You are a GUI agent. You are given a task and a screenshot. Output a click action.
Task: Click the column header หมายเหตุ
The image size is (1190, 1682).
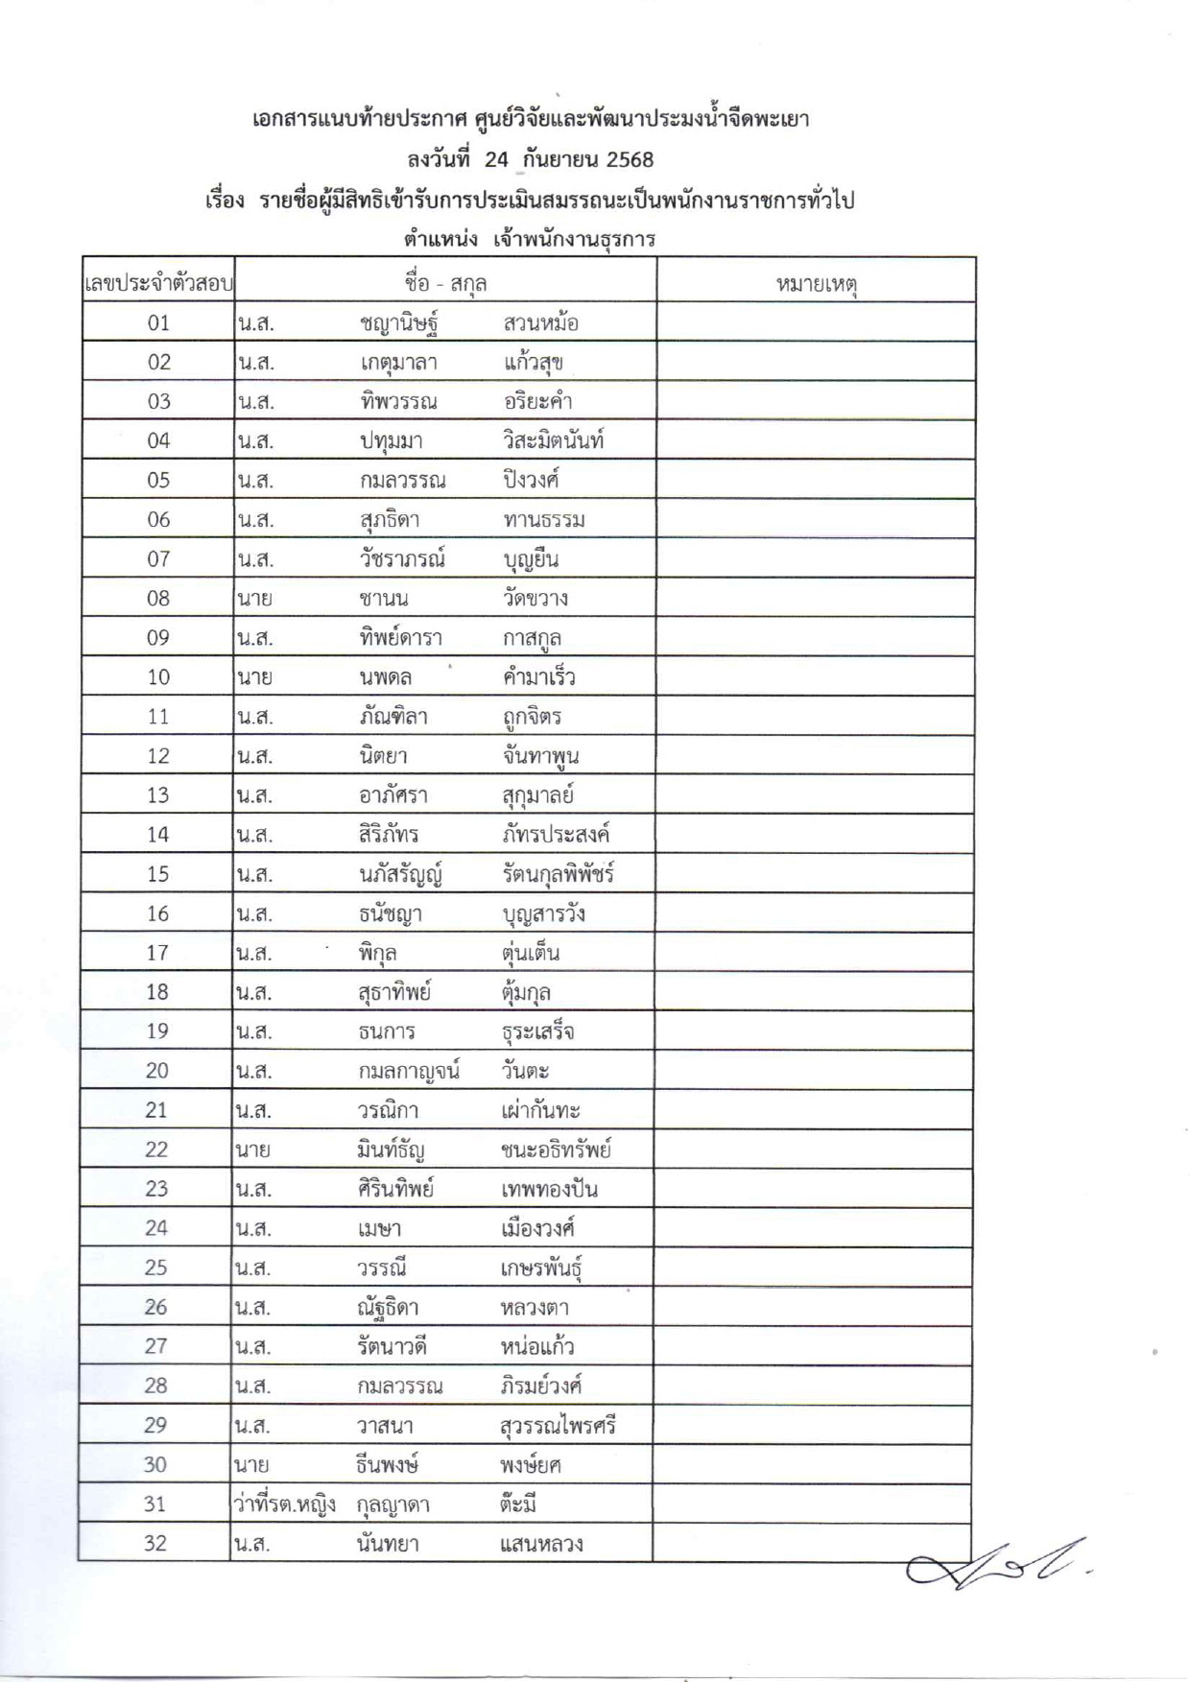(x=816, y=283)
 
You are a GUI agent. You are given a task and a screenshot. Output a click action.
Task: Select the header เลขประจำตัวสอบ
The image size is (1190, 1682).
(x=158, y=284)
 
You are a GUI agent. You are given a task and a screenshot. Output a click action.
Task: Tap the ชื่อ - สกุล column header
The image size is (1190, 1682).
(x=445, y=283)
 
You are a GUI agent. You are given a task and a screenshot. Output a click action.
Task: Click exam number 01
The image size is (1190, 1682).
(x=158, y=323)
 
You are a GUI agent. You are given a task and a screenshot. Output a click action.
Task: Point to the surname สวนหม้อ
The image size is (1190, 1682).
(x=540, y=323)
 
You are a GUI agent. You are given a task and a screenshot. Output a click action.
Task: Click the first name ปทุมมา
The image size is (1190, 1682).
(x=392, y=441)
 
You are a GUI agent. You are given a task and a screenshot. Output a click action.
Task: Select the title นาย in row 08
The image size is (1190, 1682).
(x=253, y=599)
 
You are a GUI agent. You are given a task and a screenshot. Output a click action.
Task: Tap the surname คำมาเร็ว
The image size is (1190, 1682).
(x=538, y=677)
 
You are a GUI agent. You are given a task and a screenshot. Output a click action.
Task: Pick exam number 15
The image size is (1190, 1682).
(x=157, y=874)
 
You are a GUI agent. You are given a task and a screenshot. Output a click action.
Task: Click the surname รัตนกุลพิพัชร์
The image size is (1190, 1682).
(x=558, y=874)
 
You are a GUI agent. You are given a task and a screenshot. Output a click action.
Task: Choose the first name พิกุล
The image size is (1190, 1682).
(x=378, y=953)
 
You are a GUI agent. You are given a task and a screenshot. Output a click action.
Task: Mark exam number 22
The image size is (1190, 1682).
(x=156, y=1149)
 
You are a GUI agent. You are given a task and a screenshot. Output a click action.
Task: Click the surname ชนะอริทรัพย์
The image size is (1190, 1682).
(x=556, y=1149)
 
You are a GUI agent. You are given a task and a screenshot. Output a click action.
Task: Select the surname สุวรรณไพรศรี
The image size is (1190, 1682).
(x=558, y=1426)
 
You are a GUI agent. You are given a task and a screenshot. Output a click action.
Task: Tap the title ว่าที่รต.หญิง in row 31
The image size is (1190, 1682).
(x=285, y=1504)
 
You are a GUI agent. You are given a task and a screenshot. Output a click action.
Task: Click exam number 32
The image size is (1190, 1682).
(x=155, y=1544)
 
